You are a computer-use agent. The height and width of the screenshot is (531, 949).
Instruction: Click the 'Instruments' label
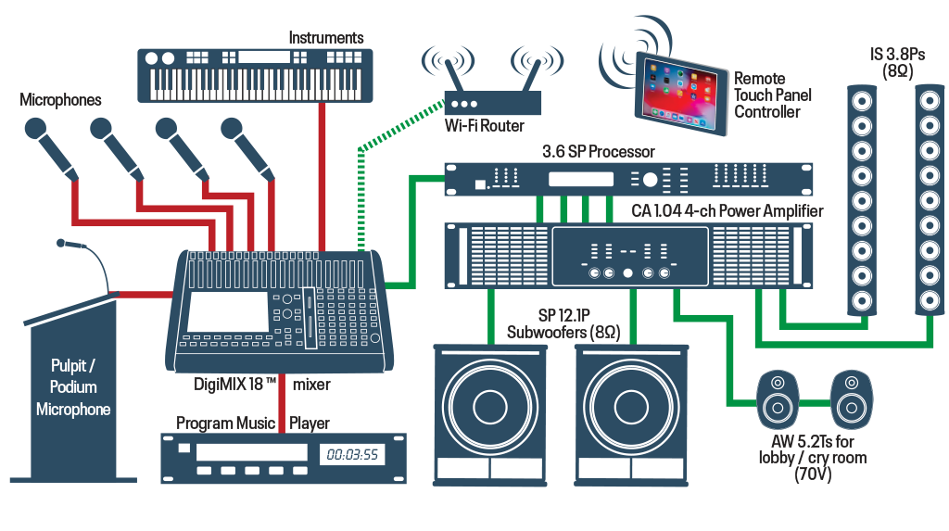click(x=325, y=38)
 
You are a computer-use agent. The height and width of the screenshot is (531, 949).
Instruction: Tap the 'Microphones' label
click(x=61, y=100)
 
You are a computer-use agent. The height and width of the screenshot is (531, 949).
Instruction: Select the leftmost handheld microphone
click(x=54, y=147)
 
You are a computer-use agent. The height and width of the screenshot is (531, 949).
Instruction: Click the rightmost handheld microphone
click(x=250, y=147)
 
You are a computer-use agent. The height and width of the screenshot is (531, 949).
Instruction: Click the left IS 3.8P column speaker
click(x=863, y=199)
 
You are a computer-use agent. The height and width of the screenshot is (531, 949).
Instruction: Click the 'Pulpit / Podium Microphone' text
click(x=73, y=387)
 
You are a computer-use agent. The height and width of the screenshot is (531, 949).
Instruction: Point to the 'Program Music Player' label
click(x=252, y=424)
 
